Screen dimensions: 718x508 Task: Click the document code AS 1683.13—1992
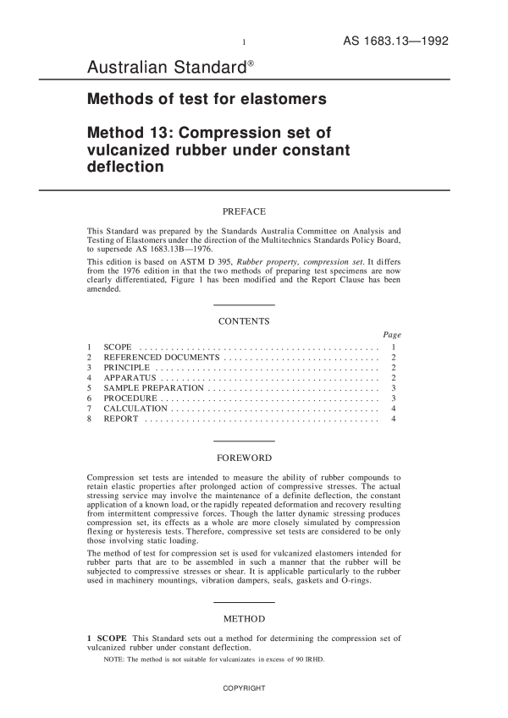point(395,41)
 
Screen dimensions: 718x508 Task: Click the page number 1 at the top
point(244,42)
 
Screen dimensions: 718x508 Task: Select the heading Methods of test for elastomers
point(207,99)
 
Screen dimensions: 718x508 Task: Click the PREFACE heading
point(244,211)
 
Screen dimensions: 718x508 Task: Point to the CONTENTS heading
point(244,321)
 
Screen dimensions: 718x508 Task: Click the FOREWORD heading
point(244,458)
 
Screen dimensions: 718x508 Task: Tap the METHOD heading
point(244,619)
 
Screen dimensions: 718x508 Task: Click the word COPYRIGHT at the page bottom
point(244,688)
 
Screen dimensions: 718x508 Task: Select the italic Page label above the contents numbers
point(392,335)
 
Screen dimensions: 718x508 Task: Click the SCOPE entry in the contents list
point(117,348)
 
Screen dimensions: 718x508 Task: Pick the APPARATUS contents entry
point(130,378)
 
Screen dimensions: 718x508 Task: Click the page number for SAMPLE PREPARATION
point(394,388)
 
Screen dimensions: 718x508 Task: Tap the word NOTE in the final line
point(113,659)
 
